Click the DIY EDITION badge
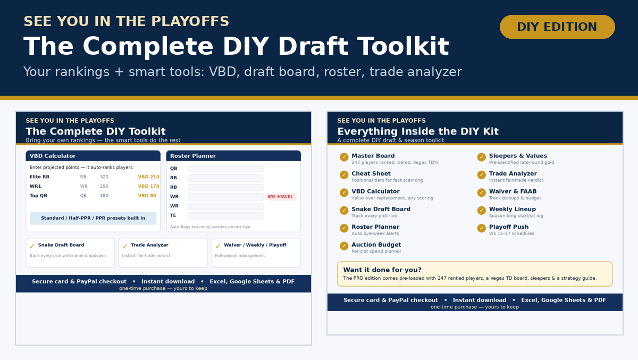[x=557, y=27]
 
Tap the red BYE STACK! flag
[x=281, y=197]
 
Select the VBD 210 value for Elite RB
[x=148, y=177]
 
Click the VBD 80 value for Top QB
[x=147, y=195]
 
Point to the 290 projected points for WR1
[x=104, y=186]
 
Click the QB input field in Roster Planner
[x=226, y=169]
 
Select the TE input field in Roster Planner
[x=226, y=215]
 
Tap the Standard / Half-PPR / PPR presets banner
[x=93, y=218]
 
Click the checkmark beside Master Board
[x=344, y=157]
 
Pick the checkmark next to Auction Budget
[x=344, y=246]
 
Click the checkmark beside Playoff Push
[x=481, y=228]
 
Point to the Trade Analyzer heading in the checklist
[x=513, y=173]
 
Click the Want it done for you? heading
[x=382, y=270]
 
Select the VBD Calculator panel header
[x=93, y=156]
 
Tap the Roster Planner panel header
[x=233, y=156]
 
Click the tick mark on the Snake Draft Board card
[x=32, y=246]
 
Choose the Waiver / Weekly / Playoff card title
[x=255, y=245]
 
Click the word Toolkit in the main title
[x=403, y=46]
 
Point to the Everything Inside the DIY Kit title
[x=418, y=131]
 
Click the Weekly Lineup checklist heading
[x=513, y=209]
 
